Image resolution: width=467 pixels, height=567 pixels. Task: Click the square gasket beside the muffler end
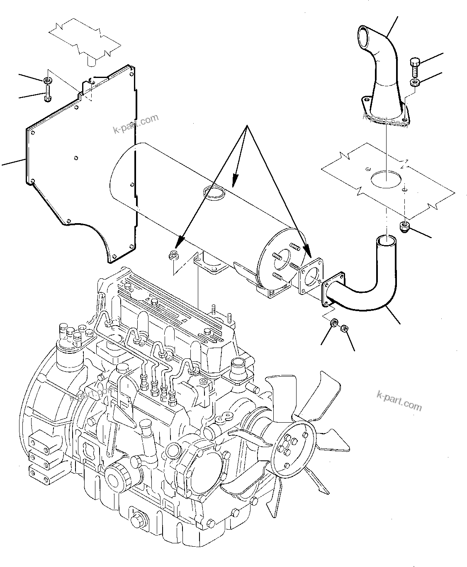(310, 276)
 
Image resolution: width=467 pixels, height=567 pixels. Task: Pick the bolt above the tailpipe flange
(415, 64)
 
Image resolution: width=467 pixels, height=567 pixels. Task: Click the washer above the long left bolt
(48, 79)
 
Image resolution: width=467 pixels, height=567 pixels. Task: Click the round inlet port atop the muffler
(213, 192)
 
